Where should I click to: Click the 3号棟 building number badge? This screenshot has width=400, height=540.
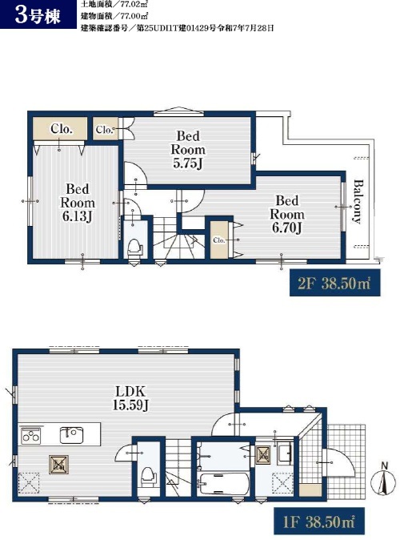[38, 14]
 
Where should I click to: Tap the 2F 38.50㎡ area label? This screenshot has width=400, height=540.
[334, 283]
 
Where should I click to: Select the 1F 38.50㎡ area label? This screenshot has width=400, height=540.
[319, 521]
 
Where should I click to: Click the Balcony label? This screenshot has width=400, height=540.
[358, 202]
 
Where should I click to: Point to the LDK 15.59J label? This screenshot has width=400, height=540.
[130, 397]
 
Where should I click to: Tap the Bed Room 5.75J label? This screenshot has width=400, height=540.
[188, 150]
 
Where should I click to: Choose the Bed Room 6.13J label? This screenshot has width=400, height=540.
[78, 203]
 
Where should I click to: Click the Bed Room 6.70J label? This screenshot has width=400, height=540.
[287, 214]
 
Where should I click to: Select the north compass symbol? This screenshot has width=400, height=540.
[384, 480]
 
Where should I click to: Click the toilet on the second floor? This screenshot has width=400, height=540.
[135, 248]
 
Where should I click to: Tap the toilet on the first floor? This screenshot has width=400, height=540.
[149, 477]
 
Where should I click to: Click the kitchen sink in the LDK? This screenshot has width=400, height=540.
[71, 435]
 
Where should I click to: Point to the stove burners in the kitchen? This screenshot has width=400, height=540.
[31, 436]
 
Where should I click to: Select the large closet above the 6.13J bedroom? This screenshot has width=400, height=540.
[60, 128]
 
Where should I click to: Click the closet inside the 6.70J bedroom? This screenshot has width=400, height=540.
[219, 240]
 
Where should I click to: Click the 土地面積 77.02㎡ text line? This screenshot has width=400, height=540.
[114, 5]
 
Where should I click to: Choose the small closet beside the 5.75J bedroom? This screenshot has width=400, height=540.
[106, 129]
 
